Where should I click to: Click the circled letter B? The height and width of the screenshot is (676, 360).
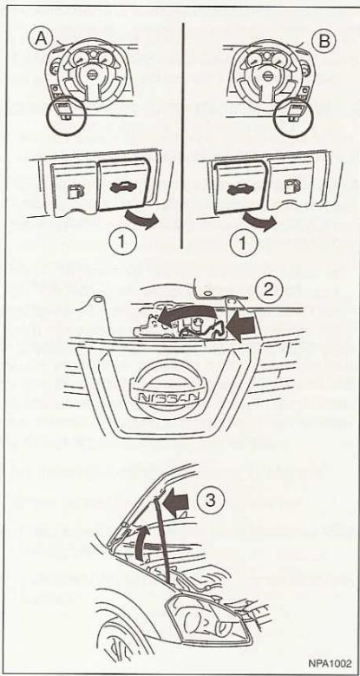coord(324,42)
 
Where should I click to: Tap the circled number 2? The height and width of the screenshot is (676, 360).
coord(268,289)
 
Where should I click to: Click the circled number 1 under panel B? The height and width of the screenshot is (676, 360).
coord(242,243)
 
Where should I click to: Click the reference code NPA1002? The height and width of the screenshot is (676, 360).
coord(330,663)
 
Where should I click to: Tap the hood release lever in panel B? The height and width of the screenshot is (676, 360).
coord(240,187)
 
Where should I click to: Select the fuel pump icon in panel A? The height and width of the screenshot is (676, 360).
coord(75,191)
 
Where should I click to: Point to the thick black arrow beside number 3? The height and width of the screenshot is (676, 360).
coord(177,503)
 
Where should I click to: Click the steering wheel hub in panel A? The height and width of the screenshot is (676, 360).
coord(92,74)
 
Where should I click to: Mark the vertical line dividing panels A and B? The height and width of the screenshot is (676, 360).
coord(183,135)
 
